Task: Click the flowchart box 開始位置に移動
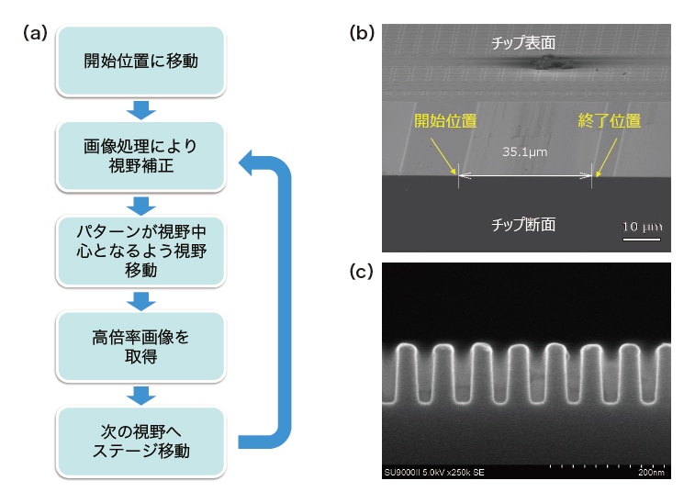[x=141, y=62]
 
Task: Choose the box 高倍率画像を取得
[x=141, y=345]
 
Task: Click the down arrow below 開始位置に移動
[x=141, y=108]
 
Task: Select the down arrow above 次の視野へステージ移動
[x=141, y=395]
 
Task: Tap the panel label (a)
[x=34, y=33]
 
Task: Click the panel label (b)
[x=363, y=33]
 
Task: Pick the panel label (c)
[x=363, y=271]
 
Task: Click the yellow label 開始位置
[x=440, y=120]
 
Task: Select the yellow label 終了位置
[x=609, y=120]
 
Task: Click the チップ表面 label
[x=525, y=42]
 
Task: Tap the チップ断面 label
[x=524, y=223]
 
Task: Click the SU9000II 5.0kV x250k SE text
[x=432, y=474]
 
